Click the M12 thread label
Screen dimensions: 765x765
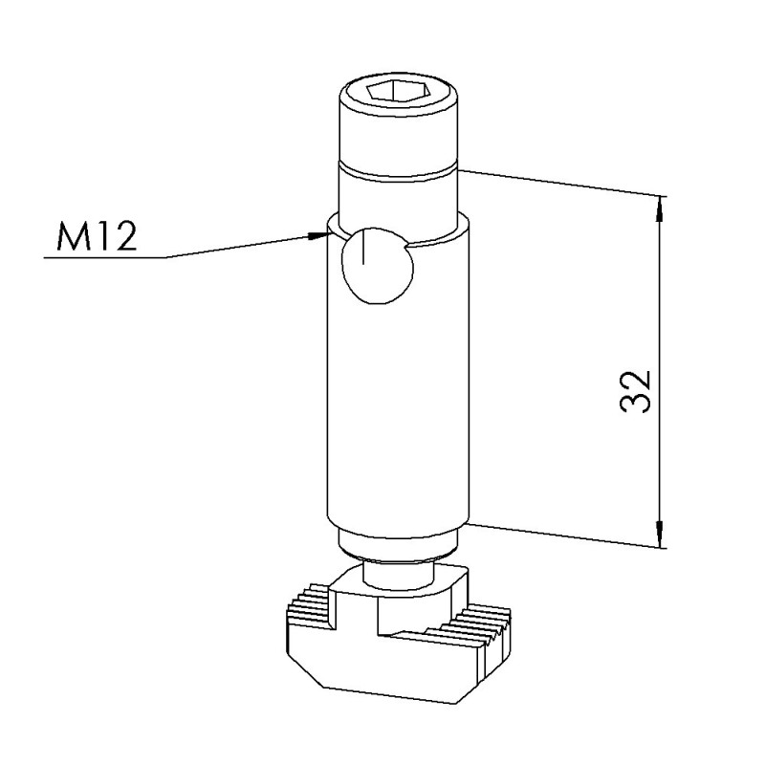[x=97, y=236]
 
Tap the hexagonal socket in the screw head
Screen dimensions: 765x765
[x=399, y=92]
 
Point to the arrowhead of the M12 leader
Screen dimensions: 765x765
[x=317, y=235]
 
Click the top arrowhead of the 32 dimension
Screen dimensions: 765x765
[x=660, y=207]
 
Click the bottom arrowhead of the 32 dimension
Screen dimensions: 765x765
[x=660, y=534]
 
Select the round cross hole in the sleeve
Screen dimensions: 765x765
[x=378, y=266]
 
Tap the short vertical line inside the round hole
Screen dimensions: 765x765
[x=363, y=248]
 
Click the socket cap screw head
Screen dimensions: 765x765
[x=399, y=120]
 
